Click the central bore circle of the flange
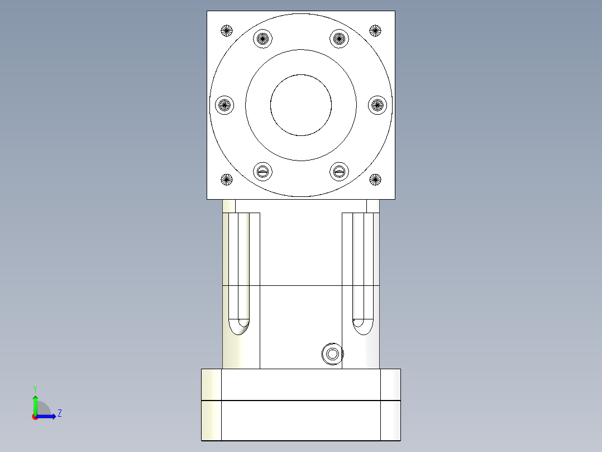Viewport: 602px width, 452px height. click(301, 105)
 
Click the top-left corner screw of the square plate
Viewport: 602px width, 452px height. click(226, 30)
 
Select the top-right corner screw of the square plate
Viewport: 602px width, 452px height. click(375, 30)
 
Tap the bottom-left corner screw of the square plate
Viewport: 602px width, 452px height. click(226, 180)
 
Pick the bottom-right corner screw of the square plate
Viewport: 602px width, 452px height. click(375, 180)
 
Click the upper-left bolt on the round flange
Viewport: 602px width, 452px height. click(262, 39)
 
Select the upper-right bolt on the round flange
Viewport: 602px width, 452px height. click(339, 39)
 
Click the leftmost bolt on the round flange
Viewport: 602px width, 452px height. click(224, 104)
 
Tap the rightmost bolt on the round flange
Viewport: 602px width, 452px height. click(378, 104)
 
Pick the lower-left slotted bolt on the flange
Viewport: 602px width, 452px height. click(262, 171)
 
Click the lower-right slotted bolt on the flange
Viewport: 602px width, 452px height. click(339, 171)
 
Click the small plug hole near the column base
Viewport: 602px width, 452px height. click(332, 354)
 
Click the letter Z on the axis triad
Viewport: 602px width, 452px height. click(59, 413)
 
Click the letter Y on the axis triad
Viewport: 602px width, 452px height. click(35, 388)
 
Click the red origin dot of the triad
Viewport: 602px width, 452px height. click(35, 417)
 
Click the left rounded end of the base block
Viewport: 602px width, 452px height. click(211, 404)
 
